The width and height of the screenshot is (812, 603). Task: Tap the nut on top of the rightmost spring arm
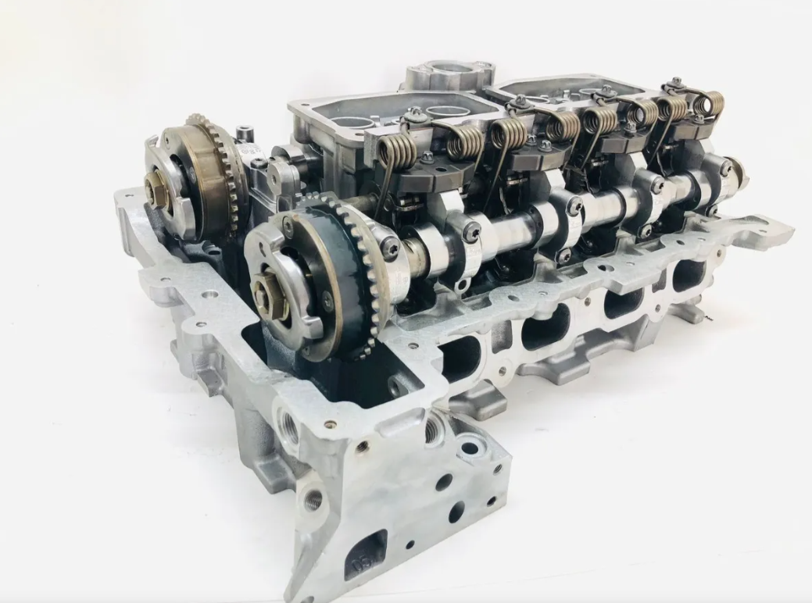point(676,82)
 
